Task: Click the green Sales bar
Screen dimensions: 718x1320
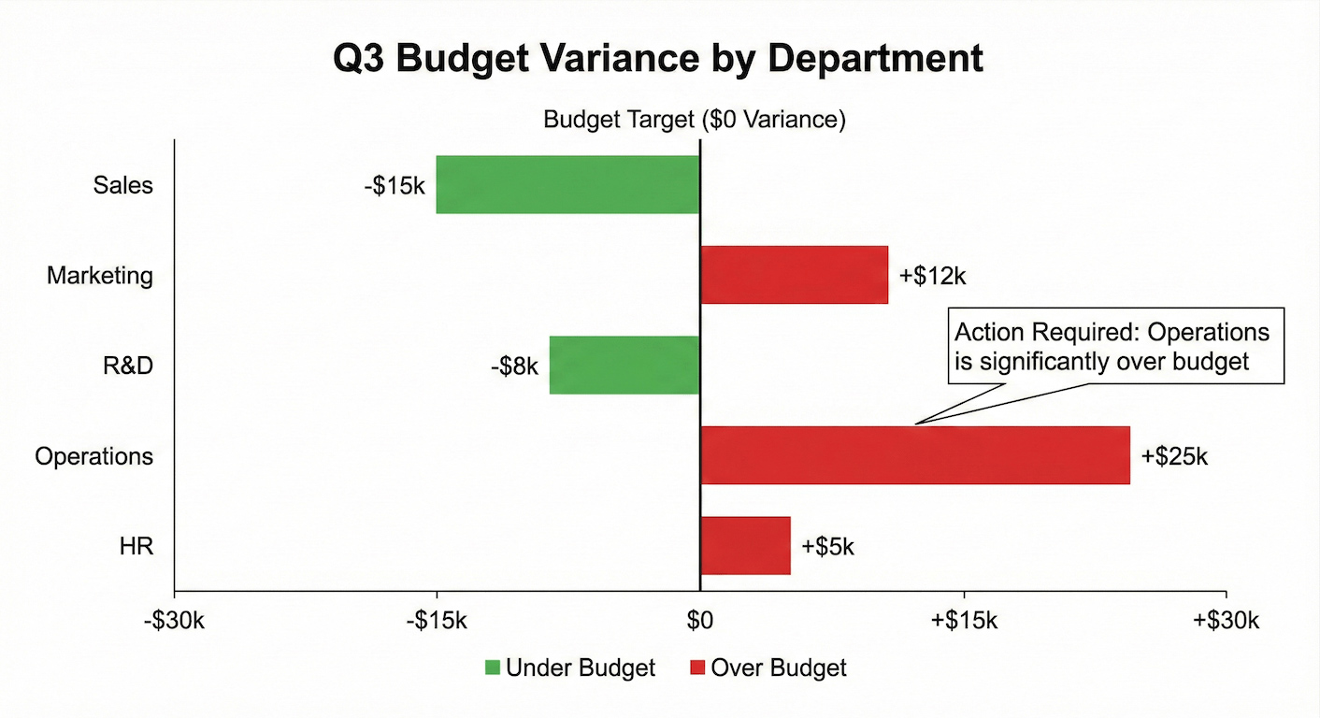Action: (x=567, y=184)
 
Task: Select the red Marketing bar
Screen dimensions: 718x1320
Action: (x=794, y=275)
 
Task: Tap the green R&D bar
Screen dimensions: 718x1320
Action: (x=624, y=365)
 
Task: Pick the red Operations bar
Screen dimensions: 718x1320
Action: (x=914, y=455)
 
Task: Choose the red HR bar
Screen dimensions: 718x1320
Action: (x=745, y=546)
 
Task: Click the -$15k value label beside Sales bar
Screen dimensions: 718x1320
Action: (x=395, y=185)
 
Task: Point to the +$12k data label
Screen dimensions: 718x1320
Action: (x=932, y=276)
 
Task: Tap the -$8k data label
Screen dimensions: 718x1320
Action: (x=514, y=366)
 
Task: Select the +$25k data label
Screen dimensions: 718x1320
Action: (x=1175, y=456)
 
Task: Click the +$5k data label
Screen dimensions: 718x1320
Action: (x=827, y=547)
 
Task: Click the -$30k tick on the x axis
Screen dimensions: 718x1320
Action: (x=174, y=621)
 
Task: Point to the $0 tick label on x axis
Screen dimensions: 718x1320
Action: (x=699, y=621)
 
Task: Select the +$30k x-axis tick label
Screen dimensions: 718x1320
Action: (x=1226, y=621)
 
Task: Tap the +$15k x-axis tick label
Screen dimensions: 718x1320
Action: (x=963, y=621)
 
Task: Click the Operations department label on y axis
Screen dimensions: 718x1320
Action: (x=93, y=456)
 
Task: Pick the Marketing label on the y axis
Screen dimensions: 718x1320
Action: (x=100, y=276)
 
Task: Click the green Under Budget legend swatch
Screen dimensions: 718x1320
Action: (x=493, y=668)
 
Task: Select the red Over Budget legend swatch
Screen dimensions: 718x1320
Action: (x=697, y=668)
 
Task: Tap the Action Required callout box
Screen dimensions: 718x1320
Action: (x=1116, y=346)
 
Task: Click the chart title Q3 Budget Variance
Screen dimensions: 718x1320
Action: (x=658, y=59)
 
